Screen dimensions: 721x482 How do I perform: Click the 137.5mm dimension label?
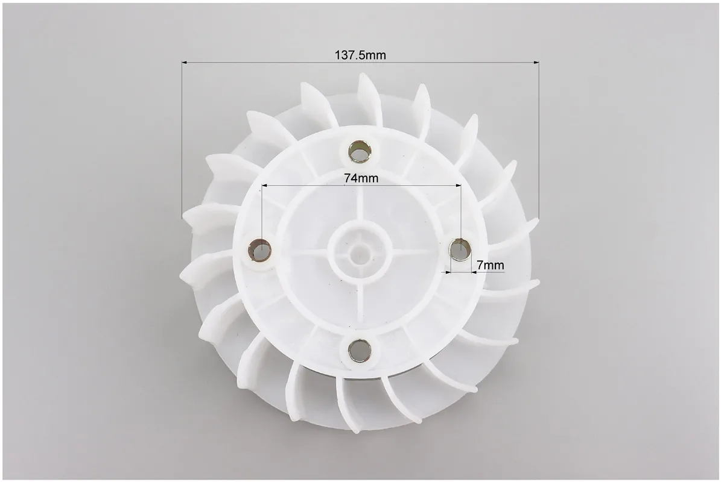[360, 55]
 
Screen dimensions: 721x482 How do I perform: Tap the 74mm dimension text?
[361, 178]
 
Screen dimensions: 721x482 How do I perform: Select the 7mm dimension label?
[490, 265]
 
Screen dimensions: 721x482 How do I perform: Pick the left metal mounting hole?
[260, 250]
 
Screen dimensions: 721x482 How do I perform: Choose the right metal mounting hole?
[460, 249]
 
